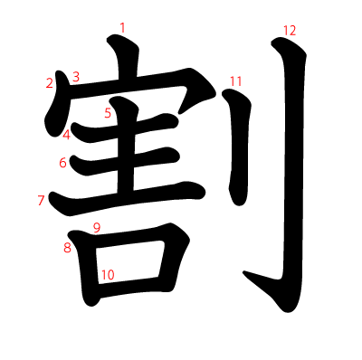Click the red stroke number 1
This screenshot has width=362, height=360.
click(122, 28)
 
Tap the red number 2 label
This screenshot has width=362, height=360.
click(50, 83)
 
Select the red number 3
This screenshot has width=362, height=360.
click(76, 77)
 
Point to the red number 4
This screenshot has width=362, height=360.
click(66, 135)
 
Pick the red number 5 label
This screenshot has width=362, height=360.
click(108, 113)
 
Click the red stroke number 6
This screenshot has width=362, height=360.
click(62, 163)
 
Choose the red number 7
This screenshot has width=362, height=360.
click(41, 200)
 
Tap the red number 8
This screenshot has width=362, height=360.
click(67, 248)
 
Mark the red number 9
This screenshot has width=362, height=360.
click(97, 228)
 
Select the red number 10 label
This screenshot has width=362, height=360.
click(108, 275)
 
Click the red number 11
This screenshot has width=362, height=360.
click(236, 81)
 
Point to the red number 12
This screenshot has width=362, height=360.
click(290, 31)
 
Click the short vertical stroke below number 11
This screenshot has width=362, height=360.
click(238, 147)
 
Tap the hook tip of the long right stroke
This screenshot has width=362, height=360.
click(243, 272)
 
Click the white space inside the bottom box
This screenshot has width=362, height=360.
click(129, 261)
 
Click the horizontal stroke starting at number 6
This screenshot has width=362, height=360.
click(125, 161)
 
